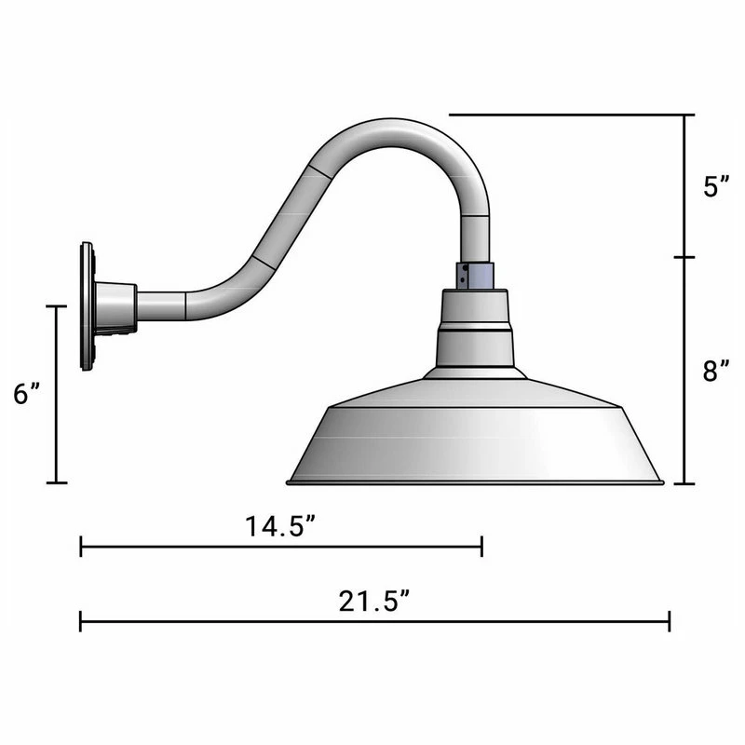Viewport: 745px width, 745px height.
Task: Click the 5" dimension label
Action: coord(715,186)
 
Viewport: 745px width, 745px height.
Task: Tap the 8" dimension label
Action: coord(715,372)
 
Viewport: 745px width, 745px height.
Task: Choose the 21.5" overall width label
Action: coord(374,602)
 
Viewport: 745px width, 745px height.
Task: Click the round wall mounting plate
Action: coord(88,306)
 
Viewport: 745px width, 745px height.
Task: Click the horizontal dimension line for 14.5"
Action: coord(279,547)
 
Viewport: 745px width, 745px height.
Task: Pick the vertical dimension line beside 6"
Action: coord(58,394)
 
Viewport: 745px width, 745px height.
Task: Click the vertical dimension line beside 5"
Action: coord(686,186)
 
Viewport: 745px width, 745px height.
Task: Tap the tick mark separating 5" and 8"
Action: coord(686,257)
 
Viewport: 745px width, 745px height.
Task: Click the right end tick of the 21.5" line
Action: coord(669,621)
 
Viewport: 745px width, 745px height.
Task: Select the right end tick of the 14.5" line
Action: coord(481,547)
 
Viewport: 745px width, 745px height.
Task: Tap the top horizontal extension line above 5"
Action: coord(568,115)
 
